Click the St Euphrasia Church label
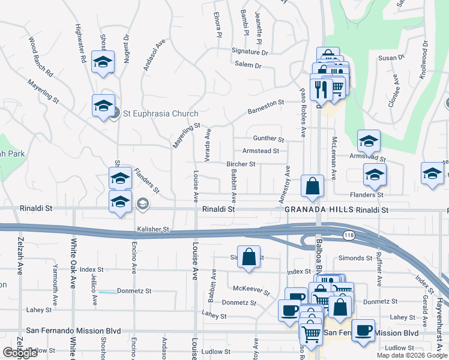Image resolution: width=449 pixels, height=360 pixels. [x=160, y=113]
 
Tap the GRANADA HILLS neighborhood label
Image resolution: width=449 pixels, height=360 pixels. [x=318, y=210]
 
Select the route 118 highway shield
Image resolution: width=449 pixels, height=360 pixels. [x=348, y=235]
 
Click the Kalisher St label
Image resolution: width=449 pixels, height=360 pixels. [x=154, y=229]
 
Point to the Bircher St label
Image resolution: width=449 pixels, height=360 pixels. [x=241, y=164]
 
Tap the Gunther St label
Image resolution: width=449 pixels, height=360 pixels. [x=268, y=139]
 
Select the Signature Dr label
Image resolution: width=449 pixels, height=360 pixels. [x=250, y=52]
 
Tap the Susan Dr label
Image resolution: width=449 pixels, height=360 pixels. [x=391, y=58]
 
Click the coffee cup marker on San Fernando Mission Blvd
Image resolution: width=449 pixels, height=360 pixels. [x=363, y=329]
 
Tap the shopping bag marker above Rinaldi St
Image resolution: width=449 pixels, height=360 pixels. [x=313, y=187]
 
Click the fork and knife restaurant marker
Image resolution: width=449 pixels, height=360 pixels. [x=321, y=89]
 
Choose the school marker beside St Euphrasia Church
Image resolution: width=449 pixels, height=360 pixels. [x=104, y=106]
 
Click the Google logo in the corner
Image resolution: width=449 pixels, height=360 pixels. [x=20, y=353]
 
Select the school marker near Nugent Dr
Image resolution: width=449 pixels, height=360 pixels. [x=103, y=62]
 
